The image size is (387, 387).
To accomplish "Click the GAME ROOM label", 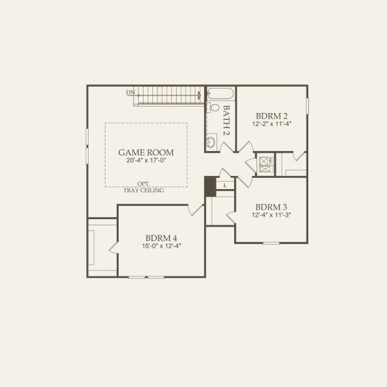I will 146,152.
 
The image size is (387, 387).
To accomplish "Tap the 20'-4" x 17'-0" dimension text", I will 146,162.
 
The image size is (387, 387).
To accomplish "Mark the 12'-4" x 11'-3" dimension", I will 271,215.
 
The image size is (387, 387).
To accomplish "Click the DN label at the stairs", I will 130,92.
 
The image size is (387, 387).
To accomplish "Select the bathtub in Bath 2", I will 220,94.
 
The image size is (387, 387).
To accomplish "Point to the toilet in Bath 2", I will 213,107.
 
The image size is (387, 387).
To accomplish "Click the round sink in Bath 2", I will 211,142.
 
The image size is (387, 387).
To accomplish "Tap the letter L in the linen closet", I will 224,186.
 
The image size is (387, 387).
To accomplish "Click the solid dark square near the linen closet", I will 210,186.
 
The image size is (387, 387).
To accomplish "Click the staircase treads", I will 169,95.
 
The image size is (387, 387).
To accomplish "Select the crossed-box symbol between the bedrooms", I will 264,164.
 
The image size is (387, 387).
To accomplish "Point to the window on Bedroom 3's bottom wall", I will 271,243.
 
